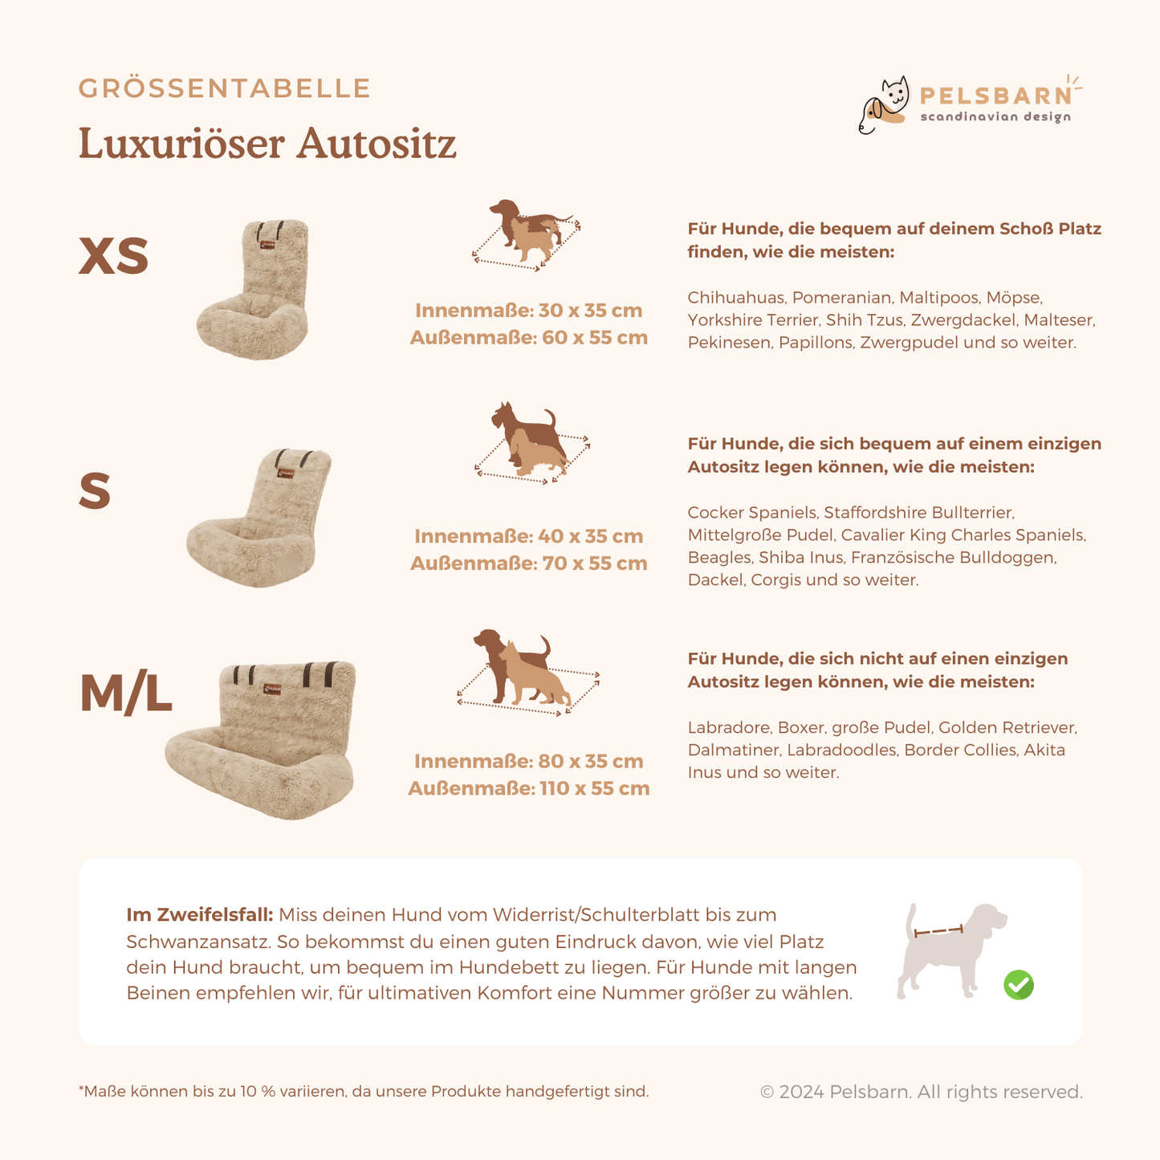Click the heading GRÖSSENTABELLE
pyautogui.click(x=224, y=88)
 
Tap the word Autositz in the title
pyautogui.click(x=376, y=144)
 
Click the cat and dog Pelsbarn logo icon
pyautogui.click(x=883, y=104)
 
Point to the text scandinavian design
pyautogui.click(x=995, y=116)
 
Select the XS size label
pyautogui.click(x=114, y=255)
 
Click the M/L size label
pyautogui.click(x=126, y=693)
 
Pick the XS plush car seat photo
pyautogui.click(x=254, y=290)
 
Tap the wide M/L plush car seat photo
pyautogui.click(x=261, y=740)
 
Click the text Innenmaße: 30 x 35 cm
pyautogui.click(x=528, y=311)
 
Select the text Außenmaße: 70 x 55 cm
pyautogui.click(x=528, y=564)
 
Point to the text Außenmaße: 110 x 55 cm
pyautogui.click(x=528, y=788)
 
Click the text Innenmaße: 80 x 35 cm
pyautogui.click(x=528, y=762)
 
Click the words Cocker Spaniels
pyautogui.click(x=752, y=513)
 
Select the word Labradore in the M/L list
pyautogui.click(x=729, y=727)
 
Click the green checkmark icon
pyautogui.click(x=1019, y=985)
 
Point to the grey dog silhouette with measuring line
pyautogui.click(x=951, y=950)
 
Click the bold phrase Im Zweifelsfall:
pyautogui.click(x=200, y=915)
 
